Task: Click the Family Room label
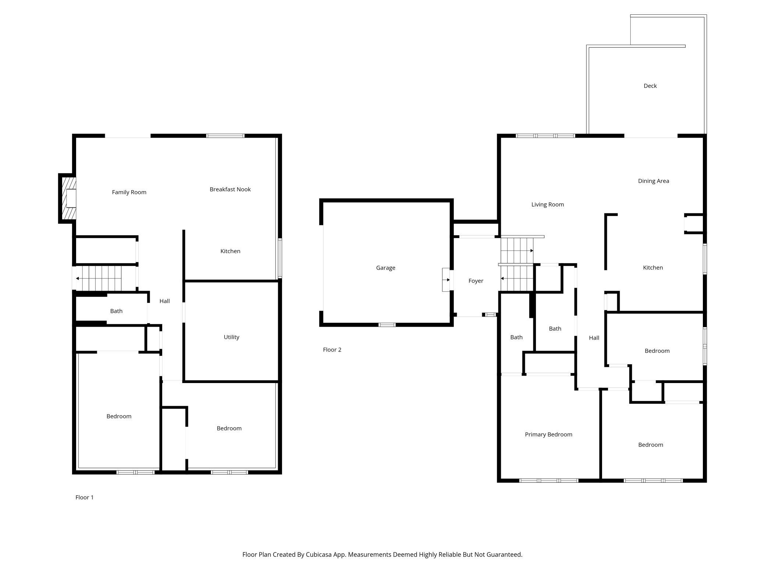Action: click(x=129, y=192)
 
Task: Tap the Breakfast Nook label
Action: click(x=230, y=189)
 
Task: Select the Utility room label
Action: click(x=231, y=337)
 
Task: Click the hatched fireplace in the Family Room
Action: click(x=69, y=198)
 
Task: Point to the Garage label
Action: click(x=385, y=268)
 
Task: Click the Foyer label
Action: click(x=476, y=281)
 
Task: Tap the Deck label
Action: click(x=650, y=86)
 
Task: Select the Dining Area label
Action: click(x=653, y=181)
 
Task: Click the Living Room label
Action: click(x=547, y=205)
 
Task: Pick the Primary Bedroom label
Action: click(x=548, y=435)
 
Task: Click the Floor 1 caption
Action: click(x=85, y=497)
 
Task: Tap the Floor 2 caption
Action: click(x=332, y=350)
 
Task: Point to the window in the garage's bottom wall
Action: click(x=387, y=325)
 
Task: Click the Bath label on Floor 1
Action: click(x=116, y=311)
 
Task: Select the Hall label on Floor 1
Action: click(x=164, y=301)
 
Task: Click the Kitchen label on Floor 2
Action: click(x=653, y=267)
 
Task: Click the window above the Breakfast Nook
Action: click(x=225, y=136)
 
